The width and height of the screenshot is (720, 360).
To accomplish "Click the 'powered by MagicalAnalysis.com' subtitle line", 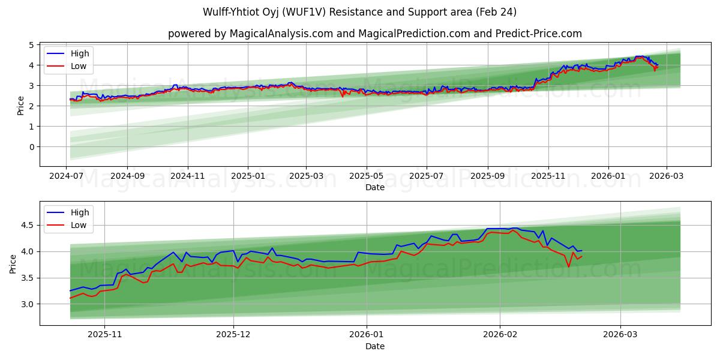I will [x=375, y=34].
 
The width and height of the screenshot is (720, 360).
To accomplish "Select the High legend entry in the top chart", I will [x=79, y=53].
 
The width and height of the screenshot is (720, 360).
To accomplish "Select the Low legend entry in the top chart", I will [x=79, y=66].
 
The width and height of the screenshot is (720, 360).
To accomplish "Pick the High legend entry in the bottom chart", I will [x=79, y=212].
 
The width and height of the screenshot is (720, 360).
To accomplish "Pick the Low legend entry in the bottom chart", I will [x=79, y=225].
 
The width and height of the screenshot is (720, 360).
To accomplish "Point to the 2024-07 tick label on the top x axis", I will [x=67, y=177].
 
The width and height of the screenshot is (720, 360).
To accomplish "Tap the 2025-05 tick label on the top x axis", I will [x=366, y=177].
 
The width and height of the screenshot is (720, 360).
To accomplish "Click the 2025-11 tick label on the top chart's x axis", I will [x=548, y=177].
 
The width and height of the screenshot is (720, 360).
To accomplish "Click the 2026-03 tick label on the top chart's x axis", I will [x=666, y=177].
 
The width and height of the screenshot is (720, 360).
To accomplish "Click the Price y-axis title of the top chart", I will [x=21, y=106].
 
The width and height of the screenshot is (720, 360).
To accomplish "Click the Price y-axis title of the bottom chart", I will [x=13, y=264].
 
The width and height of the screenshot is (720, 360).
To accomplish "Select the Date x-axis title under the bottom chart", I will [x=375, y=346].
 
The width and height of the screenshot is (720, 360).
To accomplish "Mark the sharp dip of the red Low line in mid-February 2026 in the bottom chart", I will [x=568, y=267].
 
